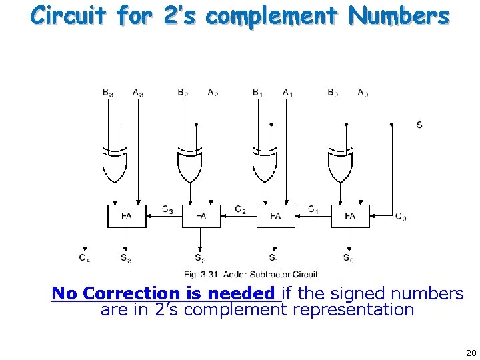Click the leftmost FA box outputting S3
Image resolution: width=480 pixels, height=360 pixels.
(127, 215)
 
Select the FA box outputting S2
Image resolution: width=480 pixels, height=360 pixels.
(201, 215)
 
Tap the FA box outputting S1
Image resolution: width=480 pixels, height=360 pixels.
(275, 215)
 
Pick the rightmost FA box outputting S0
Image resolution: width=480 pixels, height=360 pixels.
(350, 215)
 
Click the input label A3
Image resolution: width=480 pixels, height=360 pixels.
(138, 93)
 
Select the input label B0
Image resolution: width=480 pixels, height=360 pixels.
(332, 93)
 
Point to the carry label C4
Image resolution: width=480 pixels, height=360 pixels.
(84, 257)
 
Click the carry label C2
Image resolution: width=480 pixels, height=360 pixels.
(241, 209)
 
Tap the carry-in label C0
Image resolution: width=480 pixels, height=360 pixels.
(401, 216)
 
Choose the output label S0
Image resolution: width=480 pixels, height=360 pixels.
(347, 257)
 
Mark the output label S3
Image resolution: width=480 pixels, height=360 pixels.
(125, 257)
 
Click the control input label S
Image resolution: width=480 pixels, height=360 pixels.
(419, 125)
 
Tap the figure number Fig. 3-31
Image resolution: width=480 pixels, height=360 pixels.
(202, 274)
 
